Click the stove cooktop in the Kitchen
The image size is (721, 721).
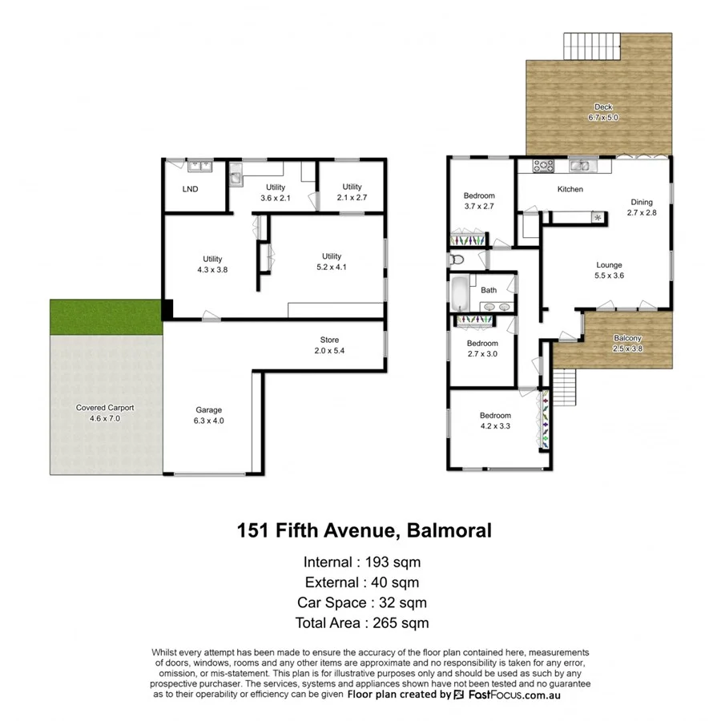(545, 167)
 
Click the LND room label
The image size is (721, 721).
(190, 190)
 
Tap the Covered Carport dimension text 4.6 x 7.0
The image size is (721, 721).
(105, 418)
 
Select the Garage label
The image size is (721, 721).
(210, 410)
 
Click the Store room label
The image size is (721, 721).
(330, 340)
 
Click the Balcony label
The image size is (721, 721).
(627, 338)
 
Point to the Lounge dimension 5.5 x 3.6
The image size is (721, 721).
(609, 276)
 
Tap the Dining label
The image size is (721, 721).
(642, 203)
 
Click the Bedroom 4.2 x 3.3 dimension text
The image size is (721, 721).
(495, 426)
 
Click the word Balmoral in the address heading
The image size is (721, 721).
(449, 530)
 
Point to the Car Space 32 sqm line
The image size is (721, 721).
(362, 602)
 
